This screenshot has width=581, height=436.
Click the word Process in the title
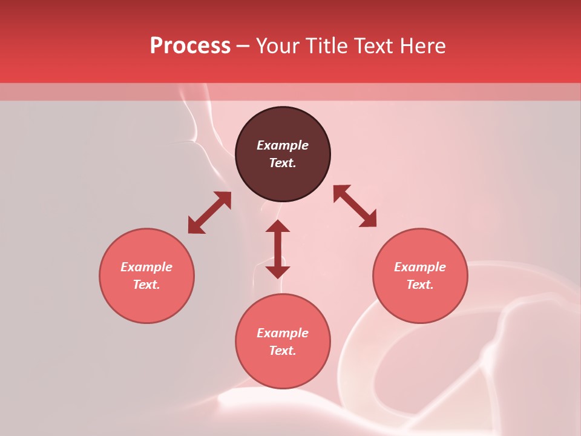click(190, 46)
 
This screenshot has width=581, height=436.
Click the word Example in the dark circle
click(283, 145)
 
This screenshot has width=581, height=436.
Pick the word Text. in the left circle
click(146, 285)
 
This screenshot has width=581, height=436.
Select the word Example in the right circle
click(420, 267)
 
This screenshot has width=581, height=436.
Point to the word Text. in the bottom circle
click(283, 351)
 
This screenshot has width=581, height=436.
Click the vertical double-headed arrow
click(278, 249)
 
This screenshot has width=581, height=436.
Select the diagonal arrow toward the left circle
click(209, 213)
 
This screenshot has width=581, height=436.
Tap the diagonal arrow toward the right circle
click(355, 206)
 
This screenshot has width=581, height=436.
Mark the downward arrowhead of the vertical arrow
click(278, 271)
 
